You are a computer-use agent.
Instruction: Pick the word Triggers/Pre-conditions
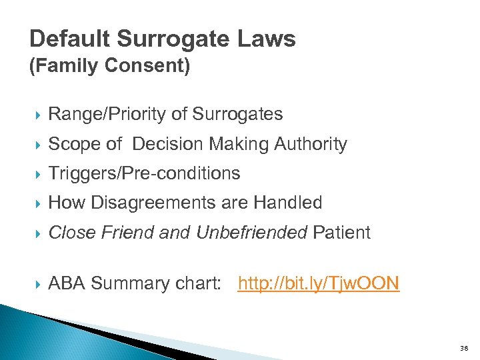[144, 173]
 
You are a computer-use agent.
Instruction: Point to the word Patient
[341, 232]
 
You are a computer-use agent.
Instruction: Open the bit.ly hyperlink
[318, 283]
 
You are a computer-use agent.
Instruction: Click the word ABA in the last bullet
[67, 283]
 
